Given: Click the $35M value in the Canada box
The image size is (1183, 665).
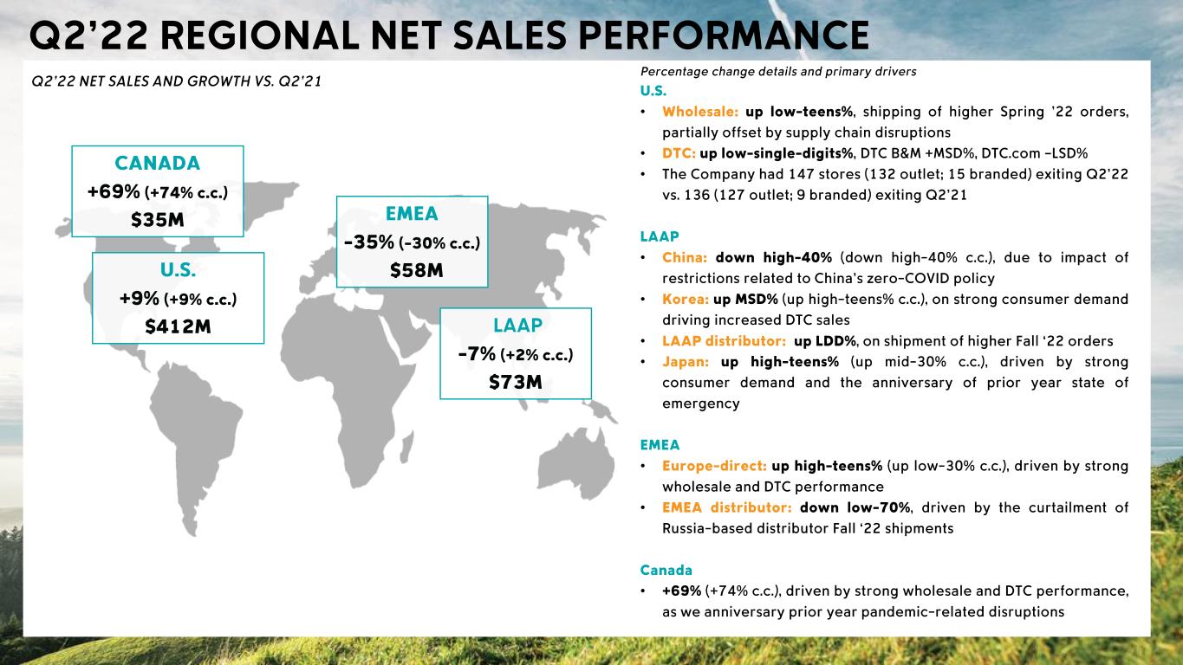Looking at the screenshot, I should click(x=157, y=219).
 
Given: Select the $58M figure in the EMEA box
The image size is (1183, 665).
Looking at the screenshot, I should click(x=412, y=271).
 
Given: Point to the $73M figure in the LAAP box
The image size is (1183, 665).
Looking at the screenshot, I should click(x=516, y=382).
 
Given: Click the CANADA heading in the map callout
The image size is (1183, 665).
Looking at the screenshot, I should click(x=157, y=163).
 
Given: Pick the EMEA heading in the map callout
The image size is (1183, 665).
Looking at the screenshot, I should click(x=412, y=214).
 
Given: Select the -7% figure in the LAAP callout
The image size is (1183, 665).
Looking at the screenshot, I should click(x=477, y=353).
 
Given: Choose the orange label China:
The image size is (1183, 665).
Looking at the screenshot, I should click(x=686, y=258).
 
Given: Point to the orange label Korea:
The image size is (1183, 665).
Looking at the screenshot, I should click(x=686, y=300).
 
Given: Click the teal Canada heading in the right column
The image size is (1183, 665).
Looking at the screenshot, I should click(x=666, y=570).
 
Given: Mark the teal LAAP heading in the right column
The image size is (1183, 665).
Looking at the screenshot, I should click(x=660, y=236).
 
